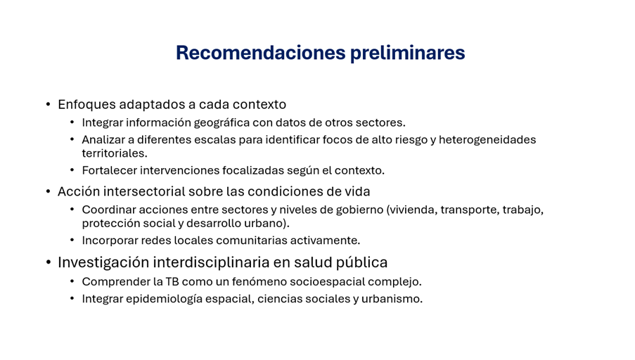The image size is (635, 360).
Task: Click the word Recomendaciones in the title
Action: (x=261, y=53)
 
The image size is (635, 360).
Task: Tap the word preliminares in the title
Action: (x=407, y=53)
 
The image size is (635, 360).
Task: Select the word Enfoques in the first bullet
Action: (x=86, y=105)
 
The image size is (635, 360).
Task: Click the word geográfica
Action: (x=222, y=123)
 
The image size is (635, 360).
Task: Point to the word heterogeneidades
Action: (x=487, y=140)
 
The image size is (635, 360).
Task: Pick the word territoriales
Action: (x=115, y=153)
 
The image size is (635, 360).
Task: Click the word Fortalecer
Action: (x=109, y=170)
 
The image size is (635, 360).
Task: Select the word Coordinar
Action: (x=109, y=210)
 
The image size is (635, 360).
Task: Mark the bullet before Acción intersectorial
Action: (x=49, y=191)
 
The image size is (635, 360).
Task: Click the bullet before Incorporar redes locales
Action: (x=72, y=240)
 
